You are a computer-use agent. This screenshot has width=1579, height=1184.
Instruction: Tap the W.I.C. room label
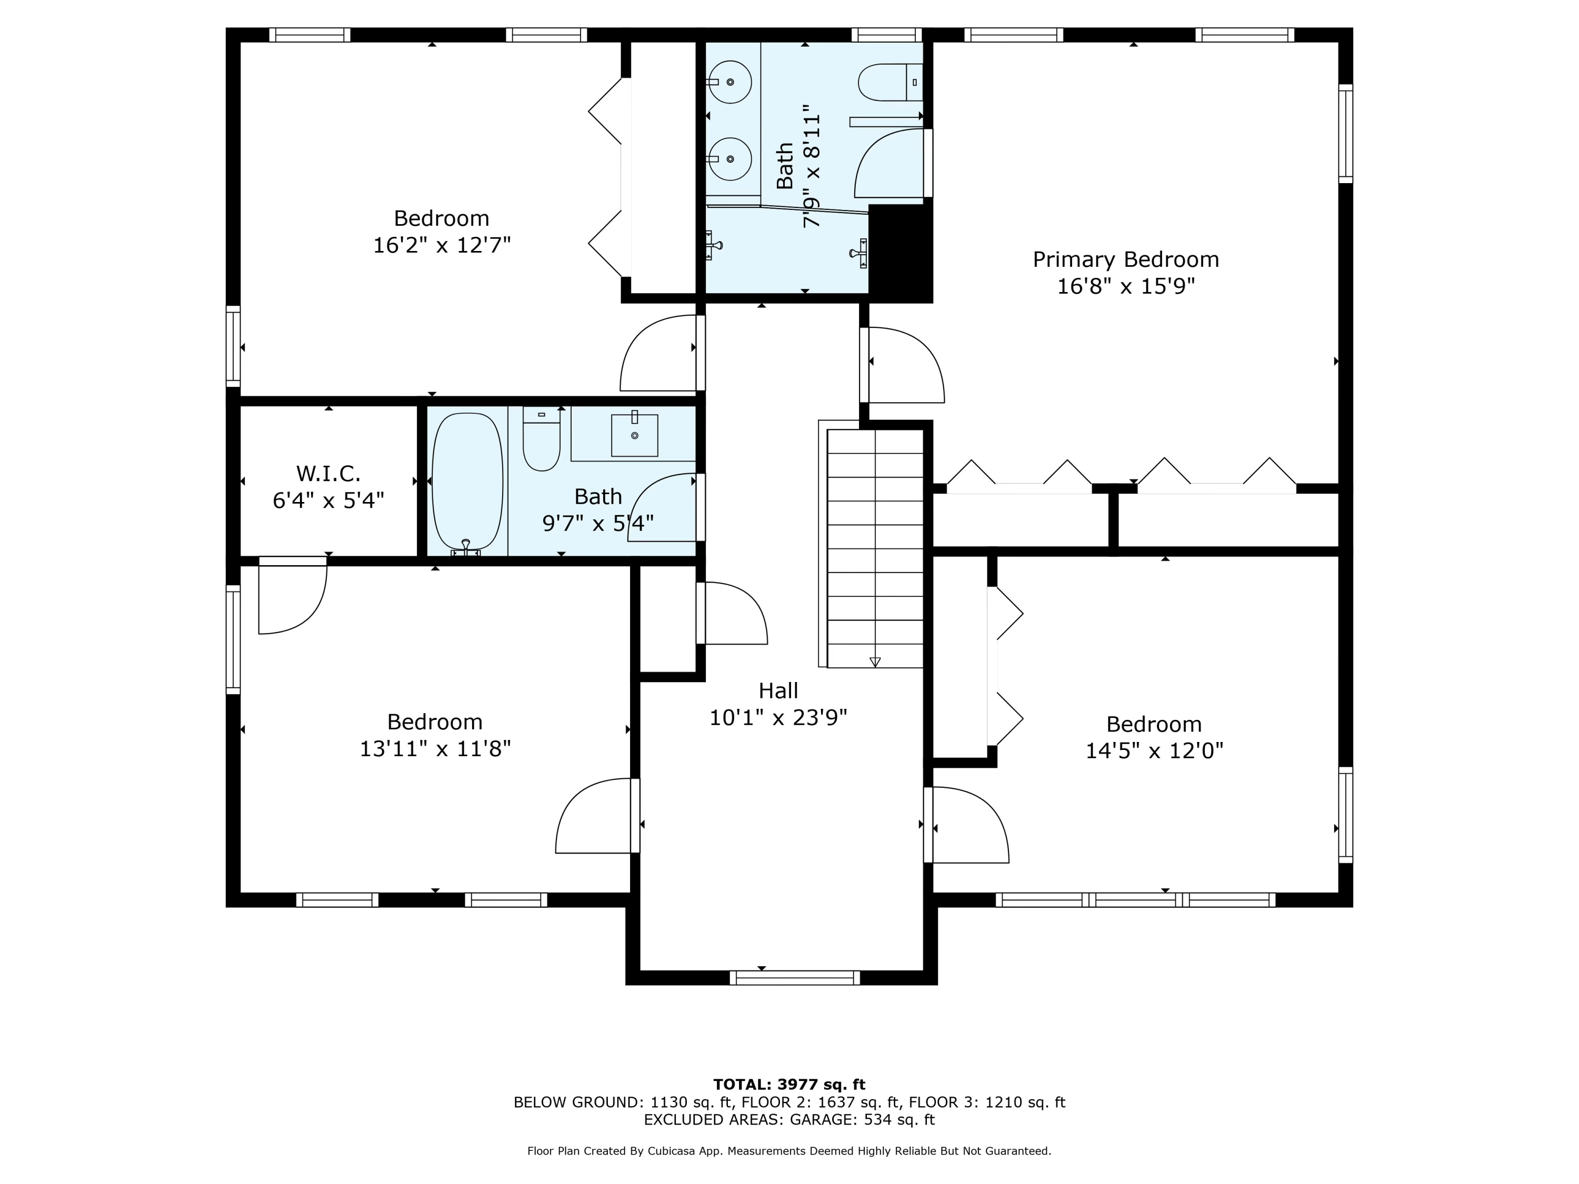point(328,473)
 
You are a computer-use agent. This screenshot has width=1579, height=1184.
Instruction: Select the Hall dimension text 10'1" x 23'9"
point(778,717)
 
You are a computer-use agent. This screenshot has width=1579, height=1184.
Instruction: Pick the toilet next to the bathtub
point(541,438)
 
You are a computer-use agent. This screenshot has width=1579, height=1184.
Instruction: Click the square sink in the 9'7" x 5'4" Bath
point(634,435)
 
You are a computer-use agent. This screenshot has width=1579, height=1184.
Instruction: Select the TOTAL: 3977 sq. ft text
point(789,1085)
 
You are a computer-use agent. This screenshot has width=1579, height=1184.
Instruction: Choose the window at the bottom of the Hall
point(794,978)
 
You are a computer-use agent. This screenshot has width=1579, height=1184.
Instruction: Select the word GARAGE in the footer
point(821,1119)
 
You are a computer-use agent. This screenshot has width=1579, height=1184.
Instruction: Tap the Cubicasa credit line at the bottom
point(789,1150)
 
